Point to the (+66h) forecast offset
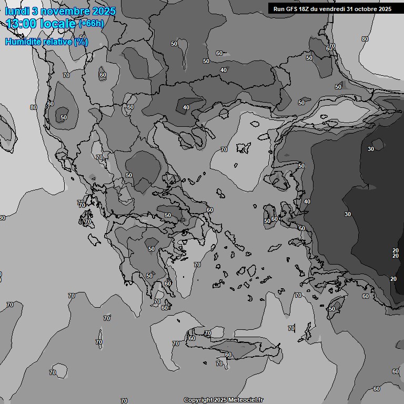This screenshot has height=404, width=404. click(92, 23)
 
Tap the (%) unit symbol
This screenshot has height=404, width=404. click(81, 42)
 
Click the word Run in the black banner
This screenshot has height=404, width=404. click(279, 9)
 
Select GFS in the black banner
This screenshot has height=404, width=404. click(292, 9)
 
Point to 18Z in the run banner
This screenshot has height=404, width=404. click(306, 9)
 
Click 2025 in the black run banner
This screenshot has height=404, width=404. click(385, 9)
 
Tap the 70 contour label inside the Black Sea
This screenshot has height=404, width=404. click(224, 150)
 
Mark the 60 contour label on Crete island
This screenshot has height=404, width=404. click(228, 355)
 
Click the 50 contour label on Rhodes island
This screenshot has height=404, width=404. click(331, 309)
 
